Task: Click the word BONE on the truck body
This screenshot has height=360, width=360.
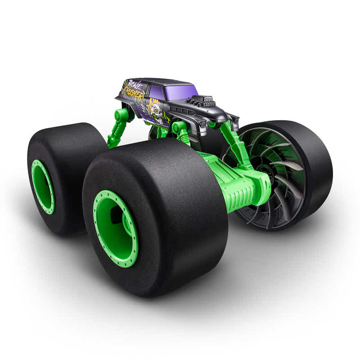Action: (x=134, y=85)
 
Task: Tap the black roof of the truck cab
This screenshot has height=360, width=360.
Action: (x=166, y=82)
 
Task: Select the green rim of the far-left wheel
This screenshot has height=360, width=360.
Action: (x=42, y=186)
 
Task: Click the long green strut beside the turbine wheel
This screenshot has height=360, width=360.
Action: (x=234, y=144)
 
